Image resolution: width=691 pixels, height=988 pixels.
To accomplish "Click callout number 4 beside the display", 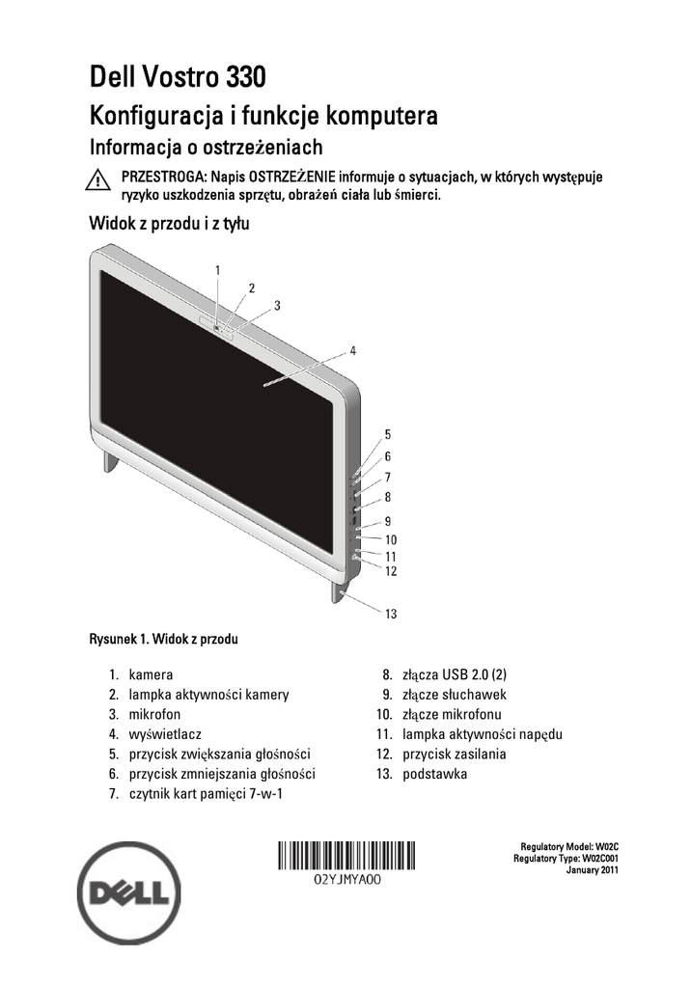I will click(353, 350).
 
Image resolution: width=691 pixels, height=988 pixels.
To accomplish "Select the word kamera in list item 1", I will click(152, 674).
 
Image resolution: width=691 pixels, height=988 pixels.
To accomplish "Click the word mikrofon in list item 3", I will click(154, 714).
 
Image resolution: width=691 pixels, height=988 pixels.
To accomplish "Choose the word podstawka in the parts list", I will click(435, 774).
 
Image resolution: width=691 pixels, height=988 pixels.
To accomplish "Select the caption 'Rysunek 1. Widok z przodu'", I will click(164, 639).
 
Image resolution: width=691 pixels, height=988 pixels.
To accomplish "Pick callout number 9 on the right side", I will click(387, 521).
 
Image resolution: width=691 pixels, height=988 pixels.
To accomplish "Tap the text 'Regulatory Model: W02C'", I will click(568, 845).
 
